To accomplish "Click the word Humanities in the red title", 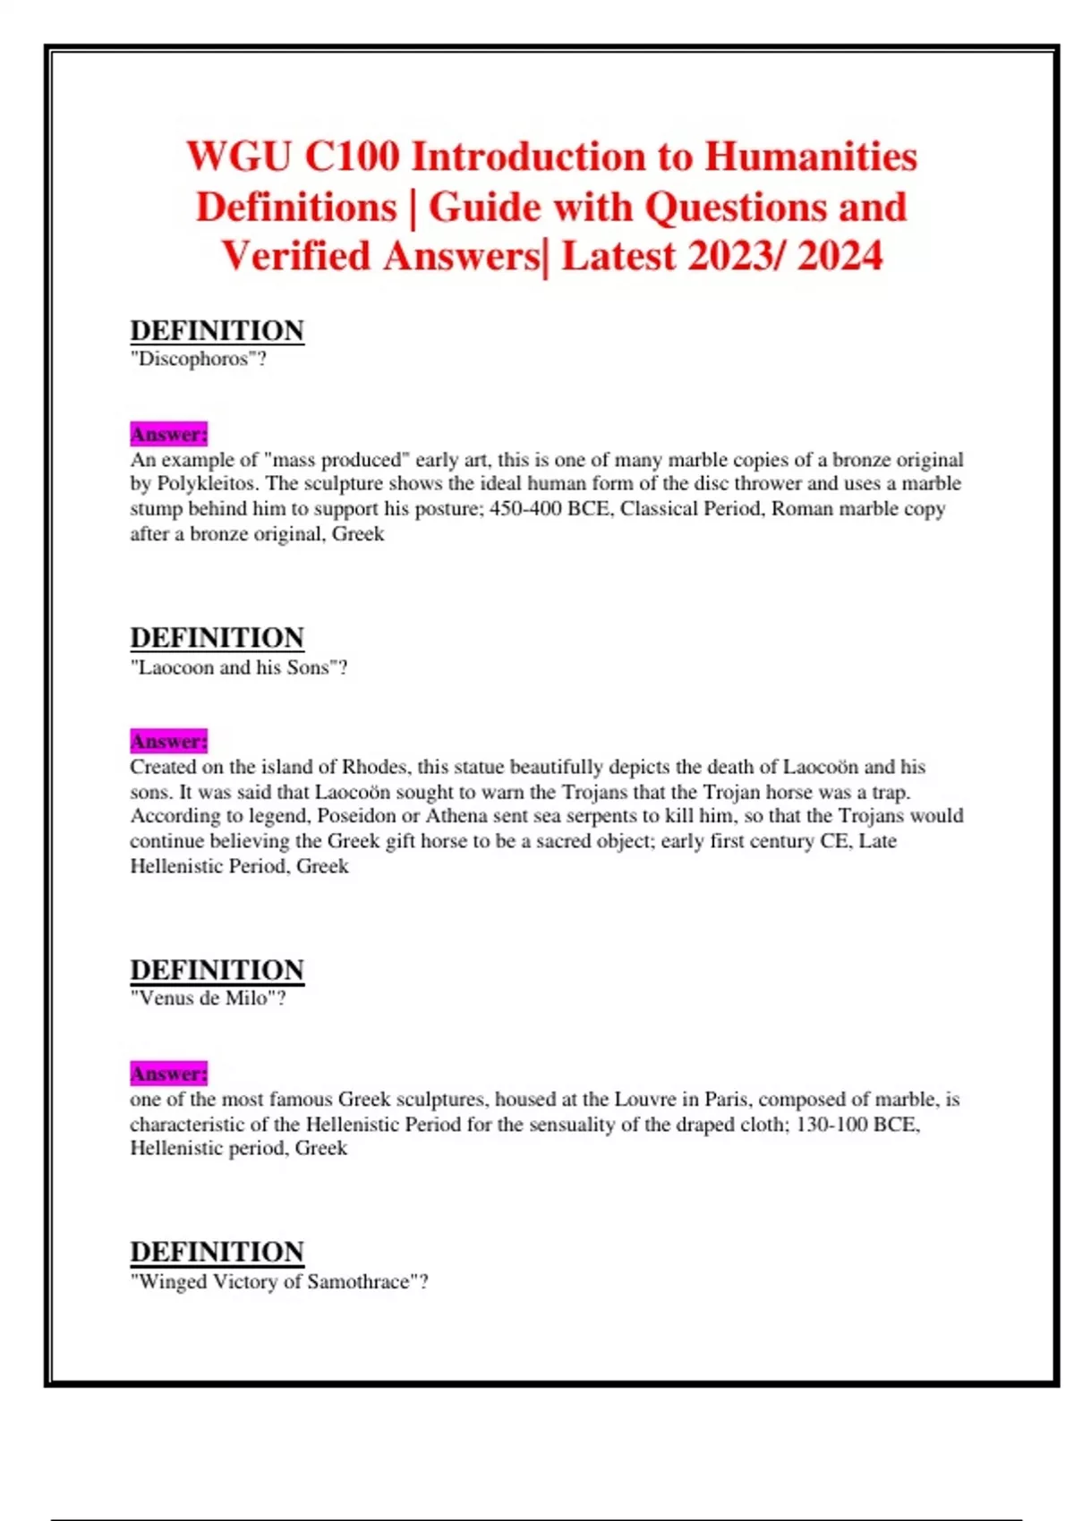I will pyautogui.click(x=811, y=157).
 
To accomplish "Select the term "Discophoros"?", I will pyautogui.click(x=199, y=359).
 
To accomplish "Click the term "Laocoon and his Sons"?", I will pyautogui.click(x=238, y=667).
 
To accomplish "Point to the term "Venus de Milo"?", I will pyautogui.click(x=208, y=998).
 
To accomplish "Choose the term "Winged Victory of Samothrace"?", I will pyautogui.click(x=279, y=1281).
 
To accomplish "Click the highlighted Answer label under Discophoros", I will pyautogui.click(x=168, y=434).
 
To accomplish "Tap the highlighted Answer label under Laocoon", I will pyautogui.click(x=168, y=742).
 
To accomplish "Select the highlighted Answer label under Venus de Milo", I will pyautogui.click(x=168, y=1074).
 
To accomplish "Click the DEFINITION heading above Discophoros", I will pyautogui.click(x=217, y=331).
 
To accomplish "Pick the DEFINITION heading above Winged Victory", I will pyautogui.click(x=217, y=1252).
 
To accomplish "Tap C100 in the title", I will pyautogui.click(x=352, y=157).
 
